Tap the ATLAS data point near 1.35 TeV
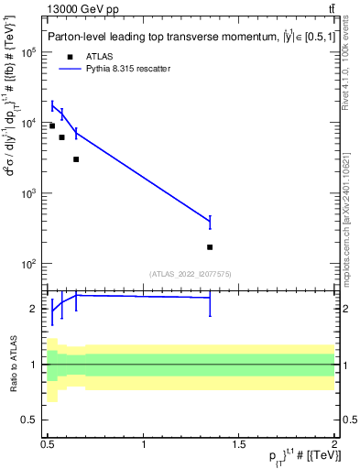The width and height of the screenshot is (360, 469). pyautogui.click(x=210, y=247)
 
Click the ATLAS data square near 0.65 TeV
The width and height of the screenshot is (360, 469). pyautogui.click(x=76, y=159)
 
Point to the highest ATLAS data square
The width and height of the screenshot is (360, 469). pyautogui.click(x=52, y=125)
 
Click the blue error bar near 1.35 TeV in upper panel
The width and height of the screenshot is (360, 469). pyautogui.click(x=210, y=222)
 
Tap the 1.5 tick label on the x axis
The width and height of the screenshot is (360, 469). pyautogui.click(x=239, y=443)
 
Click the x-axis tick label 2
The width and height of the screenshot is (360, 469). pyautogui.click(x=334, y=443)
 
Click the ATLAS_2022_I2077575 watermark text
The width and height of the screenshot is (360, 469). pyautogui.click(x=191, y=273)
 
